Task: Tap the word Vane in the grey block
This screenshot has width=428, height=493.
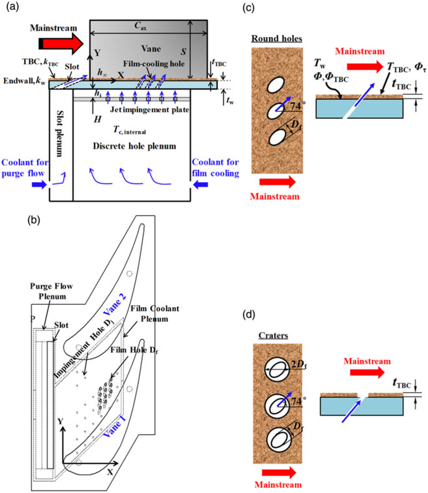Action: point(151,48)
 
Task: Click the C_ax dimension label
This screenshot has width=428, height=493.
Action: point(140,26)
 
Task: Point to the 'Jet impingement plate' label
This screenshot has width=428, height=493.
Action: point(149,110)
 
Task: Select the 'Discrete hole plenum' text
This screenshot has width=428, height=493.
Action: point(134,146)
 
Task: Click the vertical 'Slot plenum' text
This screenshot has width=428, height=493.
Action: point(60,133)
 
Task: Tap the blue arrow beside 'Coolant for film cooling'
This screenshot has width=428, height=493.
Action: point(201,185)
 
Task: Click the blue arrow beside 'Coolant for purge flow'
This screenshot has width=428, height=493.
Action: point(39,185)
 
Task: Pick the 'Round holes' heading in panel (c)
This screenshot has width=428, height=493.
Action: point(276,39)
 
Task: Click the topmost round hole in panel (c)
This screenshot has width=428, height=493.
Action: point(276,85)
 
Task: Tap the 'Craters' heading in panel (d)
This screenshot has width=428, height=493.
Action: point(273,335)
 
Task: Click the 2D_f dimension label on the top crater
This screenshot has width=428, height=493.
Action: point(298,364)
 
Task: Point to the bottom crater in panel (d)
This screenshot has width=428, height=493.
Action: point(279,439)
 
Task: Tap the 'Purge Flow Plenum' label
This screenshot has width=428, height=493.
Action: point(52,291)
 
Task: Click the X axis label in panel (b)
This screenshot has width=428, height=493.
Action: point(110,472)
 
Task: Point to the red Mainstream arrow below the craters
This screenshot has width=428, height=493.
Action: point(279,472)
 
